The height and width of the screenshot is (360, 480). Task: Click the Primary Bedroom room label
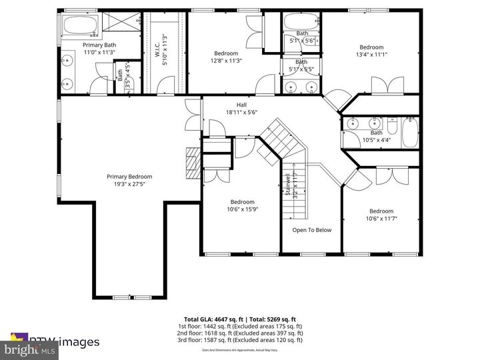(x=129, y=177)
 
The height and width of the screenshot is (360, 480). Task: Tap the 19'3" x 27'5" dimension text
(x=129, y=184)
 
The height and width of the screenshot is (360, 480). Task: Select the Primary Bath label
(x=99, y=45)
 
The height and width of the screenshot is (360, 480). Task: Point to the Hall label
(x=242, y=105)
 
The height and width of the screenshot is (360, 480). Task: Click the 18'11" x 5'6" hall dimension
(x=242, y=112)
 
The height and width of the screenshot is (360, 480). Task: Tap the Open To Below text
(x=311, y=230)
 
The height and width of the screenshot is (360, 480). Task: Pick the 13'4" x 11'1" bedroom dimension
(x=371, y=55)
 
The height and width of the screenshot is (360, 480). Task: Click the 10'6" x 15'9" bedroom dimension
(x=242, y=209)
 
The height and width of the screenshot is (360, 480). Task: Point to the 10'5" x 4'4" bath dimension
(x=377, y=140)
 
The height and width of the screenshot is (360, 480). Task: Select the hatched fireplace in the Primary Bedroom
(x=193, y=164)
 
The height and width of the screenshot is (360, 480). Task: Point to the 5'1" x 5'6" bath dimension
(x=302, y=40)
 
